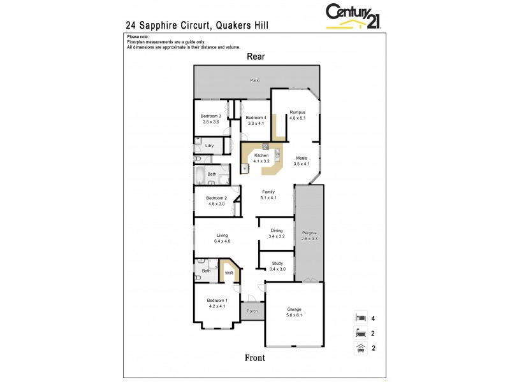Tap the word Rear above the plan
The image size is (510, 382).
pyautogui.click(x=256, y=57)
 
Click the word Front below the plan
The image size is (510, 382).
pyautogui.click(x=255, y=358)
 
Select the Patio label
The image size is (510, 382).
pyautogui.click(x=255, y=80)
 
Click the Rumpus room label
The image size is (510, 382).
pyautogui.click(x=298, y=112)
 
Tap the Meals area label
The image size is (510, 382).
pyautogui.click(x=302, y=158)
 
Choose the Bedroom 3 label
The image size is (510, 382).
pyautogui.click(x=210, y=116)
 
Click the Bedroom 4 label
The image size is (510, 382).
pyautogui.click(x=256, y=118)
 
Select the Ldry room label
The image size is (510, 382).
pyautogui.click(x=209, y=146)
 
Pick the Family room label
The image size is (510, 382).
pyautogui.click(x=268, y=192)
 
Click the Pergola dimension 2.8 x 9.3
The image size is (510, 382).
pyautogui.click(x=309, y=238)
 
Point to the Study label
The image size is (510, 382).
pyautogui.click(x=277, y=263)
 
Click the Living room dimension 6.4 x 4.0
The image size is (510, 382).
pyautogui.click(x=222, y=241)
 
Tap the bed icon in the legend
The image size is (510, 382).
pyautogui.click(x=361, y=317)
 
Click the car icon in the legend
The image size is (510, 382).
pyautogui.click(x=361, y=348)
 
